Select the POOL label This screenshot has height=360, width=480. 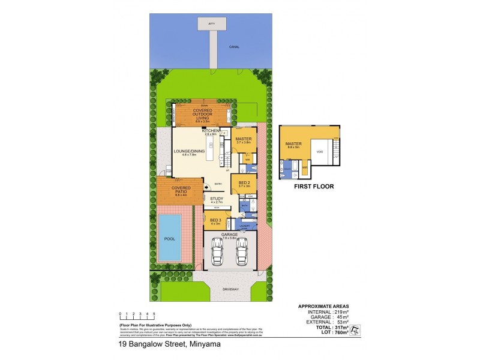pyautogui.click(x=170, y=238)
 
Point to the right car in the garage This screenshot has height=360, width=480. pyautogui.click(x=242, y=252)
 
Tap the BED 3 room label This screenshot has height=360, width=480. pyautogui.click(x=216, y=221)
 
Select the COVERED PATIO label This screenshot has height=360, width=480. pyautogui.click(x=181, y=190)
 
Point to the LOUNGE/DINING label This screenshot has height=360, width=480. pyautogui.click(x=189, y=151)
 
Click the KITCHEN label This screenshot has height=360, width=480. pyautogui.click(x=211, y=130)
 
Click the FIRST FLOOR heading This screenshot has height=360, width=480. pyautogui.click(x=313, y=187)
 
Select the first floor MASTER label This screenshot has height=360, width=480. pyautogui.click(x=293, y=144)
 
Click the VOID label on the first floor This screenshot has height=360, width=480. pyautogui.click(x=320, y=152)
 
